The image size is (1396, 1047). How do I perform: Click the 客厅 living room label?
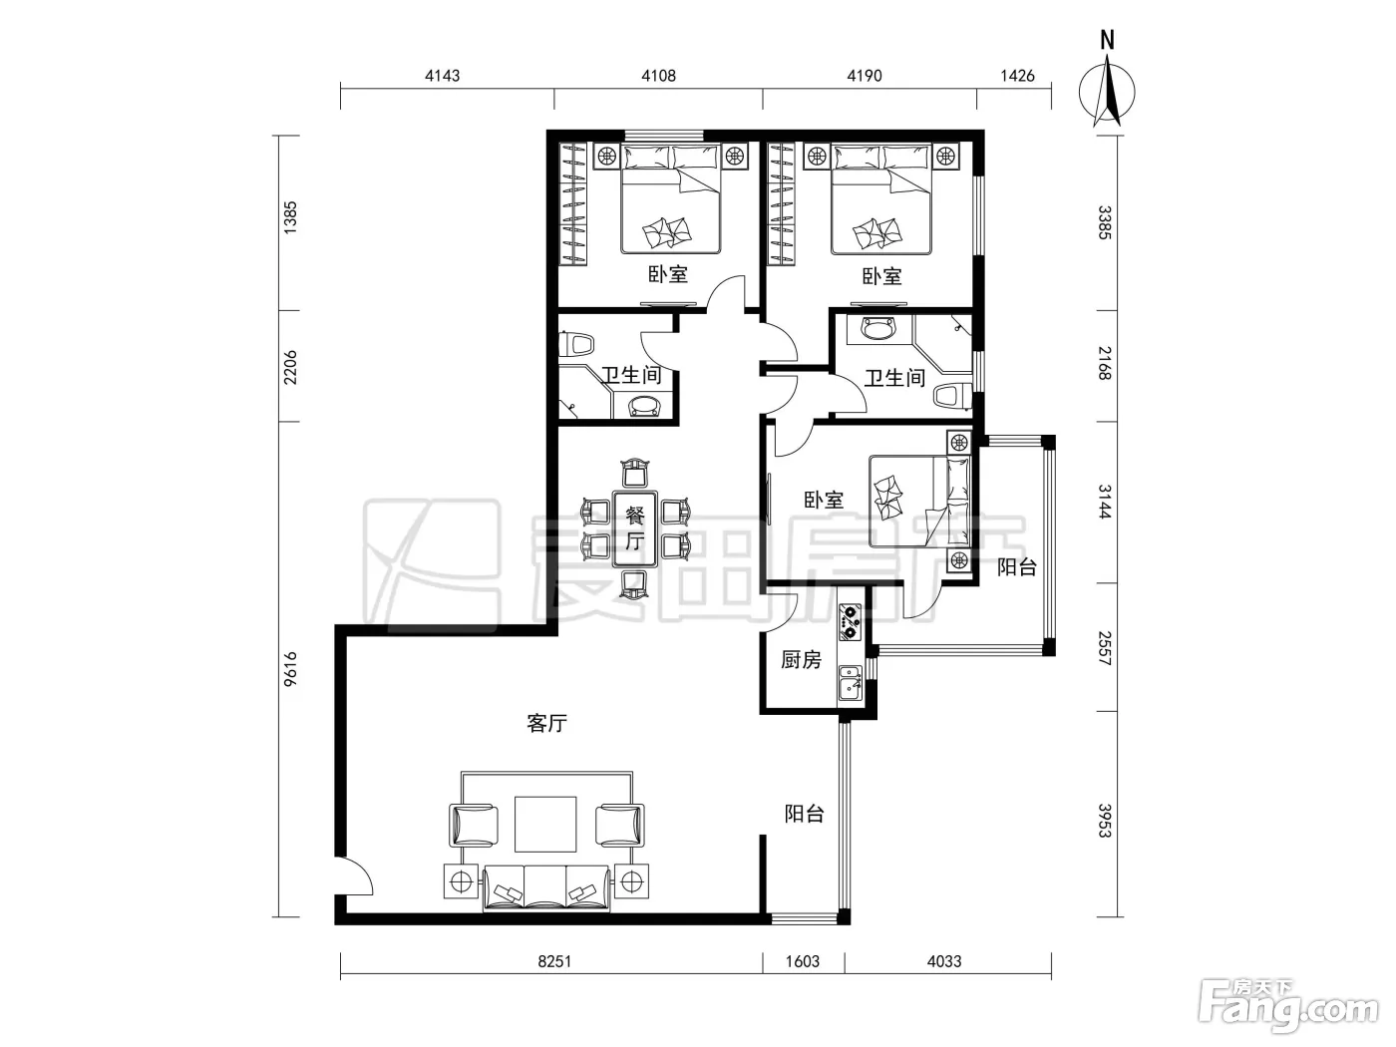(546, 723)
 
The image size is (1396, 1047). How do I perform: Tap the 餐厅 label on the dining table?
(635, 527)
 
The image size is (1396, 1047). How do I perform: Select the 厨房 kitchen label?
(801, 660)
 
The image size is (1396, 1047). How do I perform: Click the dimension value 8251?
(554, 961)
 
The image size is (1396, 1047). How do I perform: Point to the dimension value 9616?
(290, 669)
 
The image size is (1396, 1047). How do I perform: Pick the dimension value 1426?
(1018, 76)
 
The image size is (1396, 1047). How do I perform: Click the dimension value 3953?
(1105, 821)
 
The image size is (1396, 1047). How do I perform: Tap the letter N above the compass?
(1107, 40)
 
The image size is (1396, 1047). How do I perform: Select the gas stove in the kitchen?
(850, 622)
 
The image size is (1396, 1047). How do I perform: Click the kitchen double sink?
(850, 682)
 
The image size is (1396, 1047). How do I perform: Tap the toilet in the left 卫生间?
(576, 346)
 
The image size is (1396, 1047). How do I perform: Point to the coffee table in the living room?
(545, 824)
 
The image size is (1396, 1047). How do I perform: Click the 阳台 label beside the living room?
(804, 814)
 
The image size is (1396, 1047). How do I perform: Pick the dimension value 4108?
(658, 76)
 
